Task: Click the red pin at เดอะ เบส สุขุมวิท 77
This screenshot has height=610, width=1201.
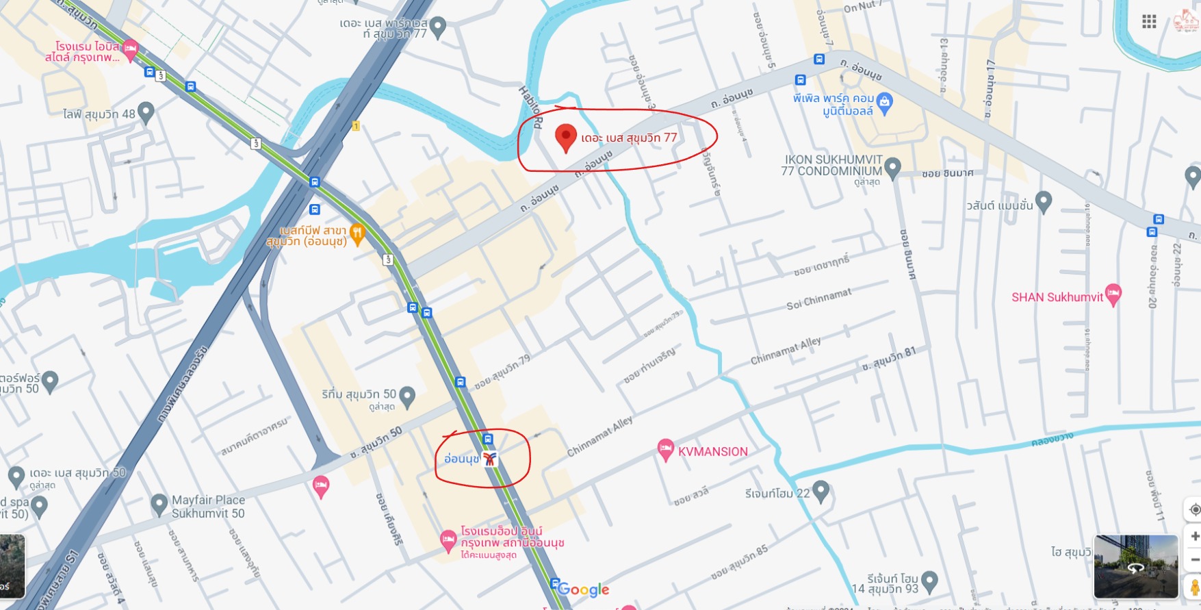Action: pyautogui.click(x=565, y=137)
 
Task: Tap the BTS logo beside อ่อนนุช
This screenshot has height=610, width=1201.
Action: pyautogui.click(x=489, y=459)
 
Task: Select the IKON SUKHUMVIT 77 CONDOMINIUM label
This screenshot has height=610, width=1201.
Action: pyautogui.click(x=831, y=165)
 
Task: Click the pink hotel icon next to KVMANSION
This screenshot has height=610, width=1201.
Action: pyautogui.click(x=665, y=449)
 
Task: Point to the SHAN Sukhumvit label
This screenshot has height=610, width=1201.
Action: pyautogui.click(x=1057, y=297)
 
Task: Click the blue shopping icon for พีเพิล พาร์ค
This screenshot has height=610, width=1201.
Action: pyautogui.click(x=884, y=103)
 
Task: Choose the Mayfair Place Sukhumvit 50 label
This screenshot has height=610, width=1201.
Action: pyautogui.click(x=208, y=507)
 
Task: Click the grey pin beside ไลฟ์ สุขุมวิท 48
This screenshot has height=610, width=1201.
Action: pyautogui.click(x=145, y=112)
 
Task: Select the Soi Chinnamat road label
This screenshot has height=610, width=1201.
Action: pyautogui.click(x=818, y=299)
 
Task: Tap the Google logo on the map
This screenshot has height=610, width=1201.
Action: pyautogui.click(x=583, y=589)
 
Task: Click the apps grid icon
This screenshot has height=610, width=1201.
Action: pyautogui.click(x=1149, y=22)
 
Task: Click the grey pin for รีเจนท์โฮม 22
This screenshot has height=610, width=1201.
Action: pyautogui.click(x=821, y=491)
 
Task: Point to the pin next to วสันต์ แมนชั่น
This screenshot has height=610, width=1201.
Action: pyautogui.click(x=1043, y=201)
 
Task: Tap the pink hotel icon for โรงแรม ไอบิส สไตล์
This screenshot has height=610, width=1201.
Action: pyautogui.click(x=130, y=49)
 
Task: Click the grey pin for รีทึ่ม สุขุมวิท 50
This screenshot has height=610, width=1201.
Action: pyautogui.click(x=406, y=396)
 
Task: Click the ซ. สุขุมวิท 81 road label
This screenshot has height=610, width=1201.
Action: pyautogui.click(x=888, y=359)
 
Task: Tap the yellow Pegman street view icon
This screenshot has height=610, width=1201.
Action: pyautogui.click(x=1194, y=587)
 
